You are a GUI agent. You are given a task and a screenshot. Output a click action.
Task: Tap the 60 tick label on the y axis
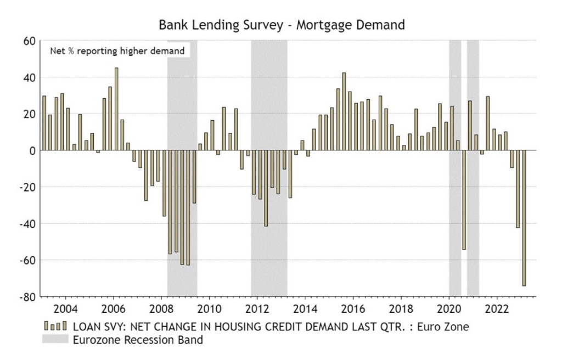(29, 41)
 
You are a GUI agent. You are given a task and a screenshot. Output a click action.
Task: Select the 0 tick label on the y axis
(32, 150)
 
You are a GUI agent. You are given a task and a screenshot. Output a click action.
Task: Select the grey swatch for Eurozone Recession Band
(55, 340)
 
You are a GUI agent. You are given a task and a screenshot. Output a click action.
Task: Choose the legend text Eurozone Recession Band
(137, 340)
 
